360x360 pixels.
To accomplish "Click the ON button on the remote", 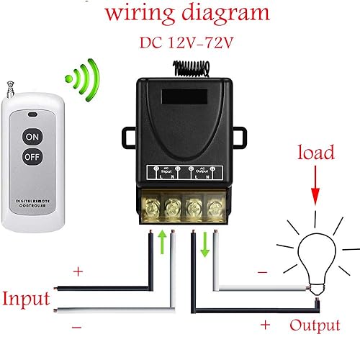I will coord(32,137).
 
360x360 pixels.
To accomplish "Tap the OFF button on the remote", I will coord(32,156).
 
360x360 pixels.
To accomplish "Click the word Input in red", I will coord(25,298).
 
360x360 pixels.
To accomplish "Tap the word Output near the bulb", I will coord(314,325).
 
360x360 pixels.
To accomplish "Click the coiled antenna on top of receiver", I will coord(189,66).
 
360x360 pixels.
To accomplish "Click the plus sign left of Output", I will coord(265,325).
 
